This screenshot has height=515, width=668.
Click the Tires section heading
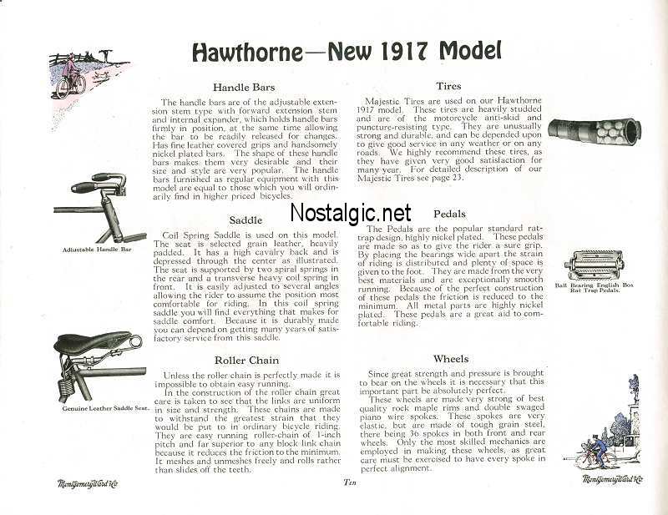coord(449,85)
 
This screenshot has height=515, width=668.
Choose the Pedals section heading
coord(449,214)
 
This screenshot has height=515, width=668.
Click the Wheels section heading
coord(451,359)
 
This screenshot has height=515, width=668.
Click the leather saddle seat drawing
coord(91,342)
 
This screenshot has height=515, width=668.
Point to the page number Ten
coord(351,482)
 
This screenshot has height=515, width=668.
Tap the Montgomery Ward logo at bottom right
coord(614,478)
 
